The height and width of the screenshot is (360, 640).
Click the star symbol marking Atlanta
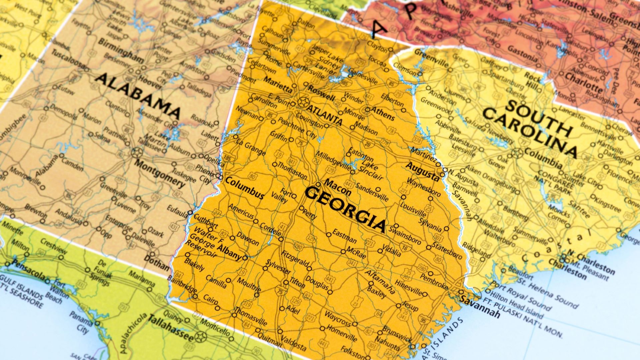tap(303, 102)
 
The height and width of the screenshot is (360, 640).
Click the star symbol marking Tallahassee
tap(200, 337)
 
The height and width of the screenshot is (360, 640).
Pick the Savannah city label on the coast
tap(480, 307)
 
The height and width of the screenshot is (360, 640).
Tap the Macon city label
tap(338, 187)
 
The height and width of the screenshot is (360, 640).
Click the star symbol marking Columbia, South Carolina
tap(517, 153)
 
